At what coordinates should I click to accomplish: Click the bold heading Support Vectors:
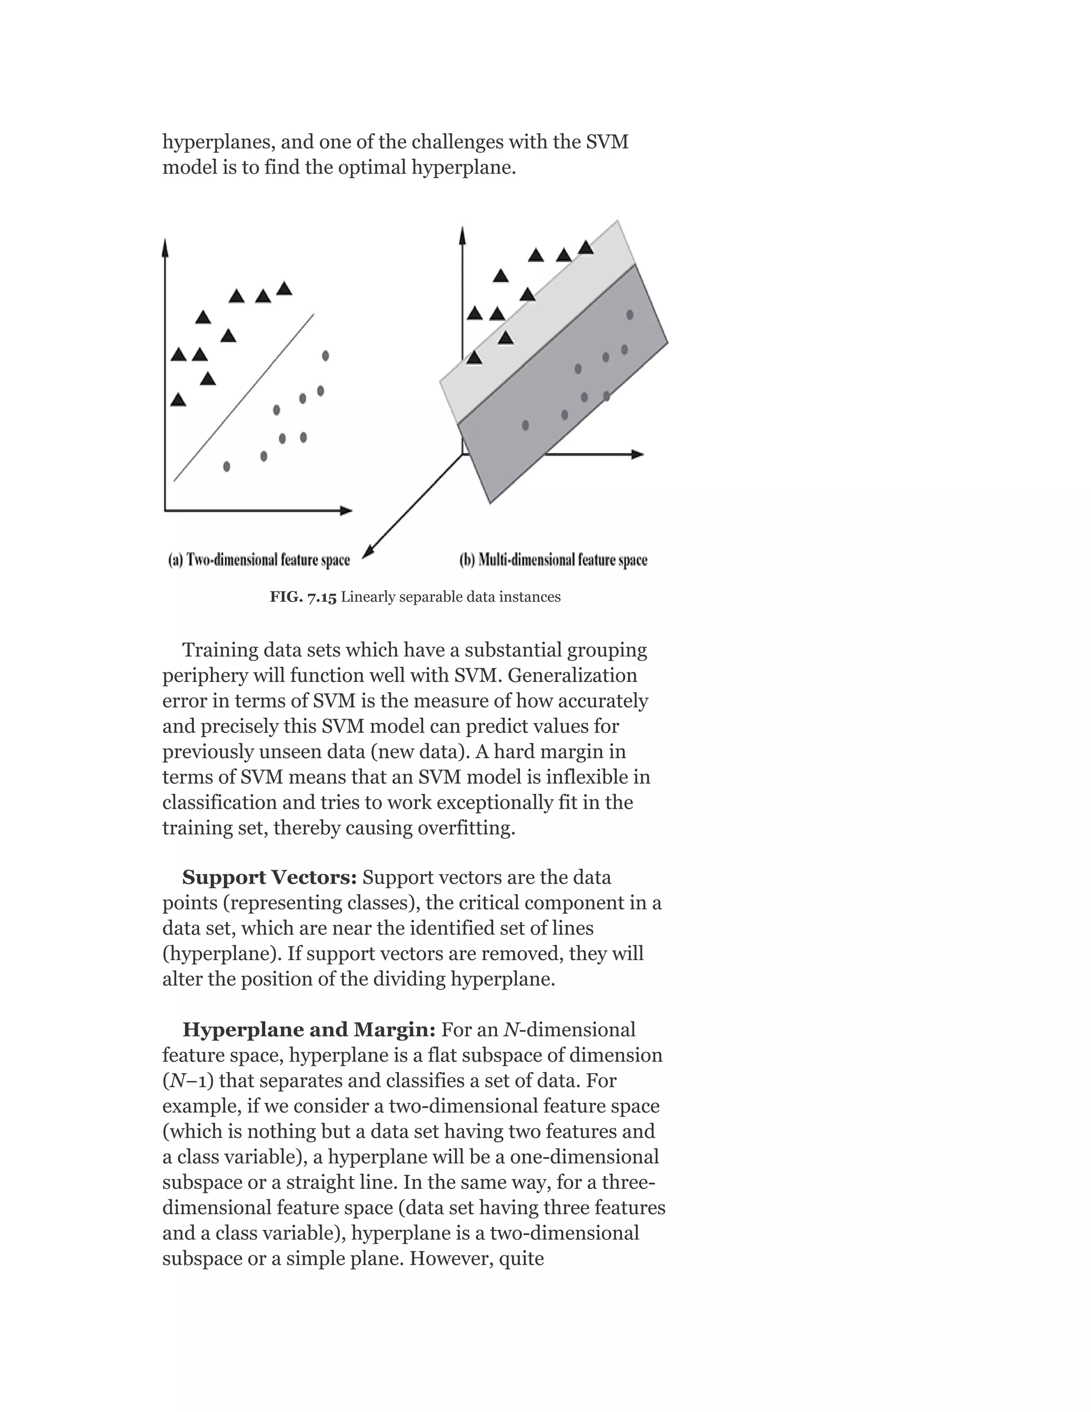click(270, 878)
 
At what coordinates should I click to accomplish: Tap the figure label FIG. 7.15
click(303, 597)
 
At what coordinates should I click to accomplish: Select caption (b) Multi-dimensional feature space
click(553, 560)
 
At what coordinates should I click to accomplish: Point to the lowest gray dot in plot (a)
click(226, 466)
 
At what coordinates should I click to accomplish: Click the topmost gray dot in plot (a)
click(325, 355)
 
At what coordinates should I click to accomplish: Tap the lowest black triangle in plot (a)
click(178, 400)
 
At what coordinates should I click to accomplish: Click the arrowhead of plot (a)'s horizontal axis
click(347, 511)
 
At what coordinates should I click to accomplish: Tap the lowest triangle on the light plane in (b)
click(475, 358)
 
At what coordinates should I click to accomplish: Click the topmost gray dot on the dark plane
click(630, 315)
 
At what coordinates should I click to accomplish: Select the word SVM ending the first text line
click(607, 142)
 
